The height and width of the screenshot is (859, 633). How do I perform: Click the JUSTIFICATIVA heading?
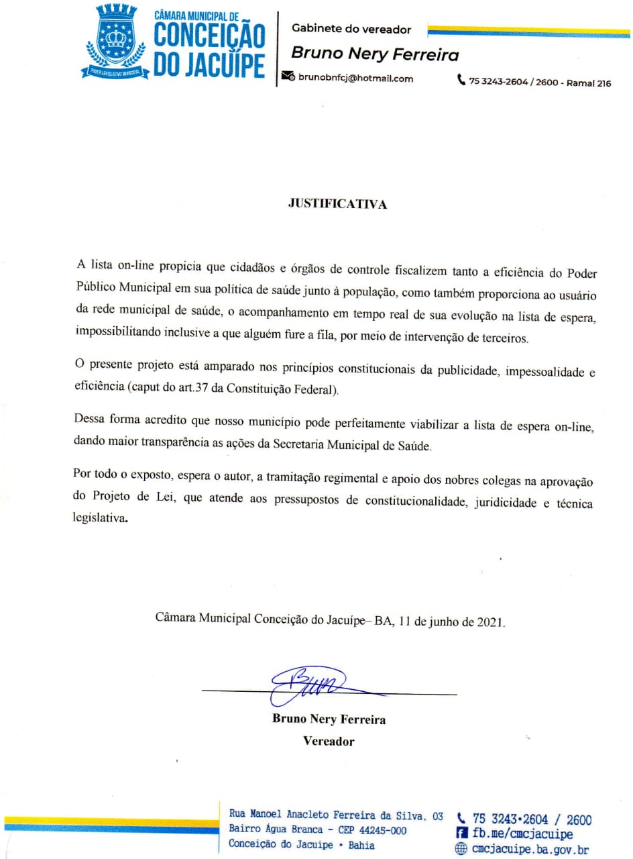tap(337, 205)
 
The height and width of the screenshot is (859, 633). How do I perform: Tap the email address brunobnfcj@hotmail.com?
tap(355, 79)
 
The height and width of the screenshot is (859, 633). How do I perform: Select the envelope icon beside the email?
tap(288, 78)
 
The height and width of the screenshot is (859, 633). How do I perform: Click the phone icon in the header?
tap(461, 81)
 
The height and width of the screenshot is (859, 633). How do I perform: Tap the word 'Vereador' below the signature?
tap(329, 742)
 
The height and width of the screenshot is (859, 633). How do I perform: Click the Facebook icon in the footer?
tap(461, 834)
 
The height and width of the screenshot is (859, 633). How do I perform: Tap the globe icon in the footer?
tap(461, 849)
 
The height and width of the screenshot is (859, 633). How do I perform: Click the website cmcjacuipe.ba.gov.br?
tap(530, 849)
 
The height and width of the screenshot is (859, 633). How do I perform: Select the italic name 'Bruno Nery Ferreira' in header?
tap(375, 54)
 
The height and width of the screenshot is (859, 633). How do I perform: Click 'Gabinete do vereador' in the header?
tap(351, 29)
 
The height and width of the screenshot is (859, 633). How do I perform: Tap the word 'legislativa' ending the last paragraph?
tap(100, 519)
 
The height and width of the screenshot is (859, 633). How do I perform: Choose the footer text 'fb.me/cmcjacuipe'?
tap(522, 834)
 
